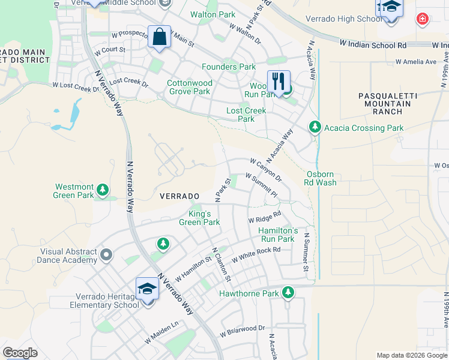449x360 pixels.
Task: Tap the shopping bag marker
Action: point(159,37)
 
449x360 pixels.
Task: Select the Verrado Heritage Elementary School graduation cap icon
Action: point(147,289)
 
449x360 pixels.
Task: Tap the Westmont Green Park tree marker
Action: point(103,190)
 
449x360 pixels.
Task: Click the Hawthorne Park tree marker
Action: point(288,293)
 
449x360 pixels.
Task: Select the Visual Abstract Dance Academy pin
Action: point(107,256)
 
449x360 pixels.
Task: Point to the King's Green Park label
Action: point(199,218)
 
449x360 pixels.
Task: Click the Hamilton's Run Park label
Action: point(278,235)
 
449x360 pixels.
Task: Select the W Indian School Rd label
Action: point(373,44)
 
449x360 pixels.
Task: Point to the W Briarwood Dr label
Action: point(242,329)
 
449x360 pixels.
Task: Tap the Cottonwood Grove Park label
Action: point(189,87)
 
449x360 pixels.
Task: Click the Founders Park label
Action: point(228,67)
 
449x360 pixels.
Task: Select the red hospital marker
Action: point(423,19)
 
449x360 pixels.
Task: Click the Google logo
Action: point(20,353)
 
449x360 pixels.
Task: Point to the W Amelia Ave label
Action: point(415,62)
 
